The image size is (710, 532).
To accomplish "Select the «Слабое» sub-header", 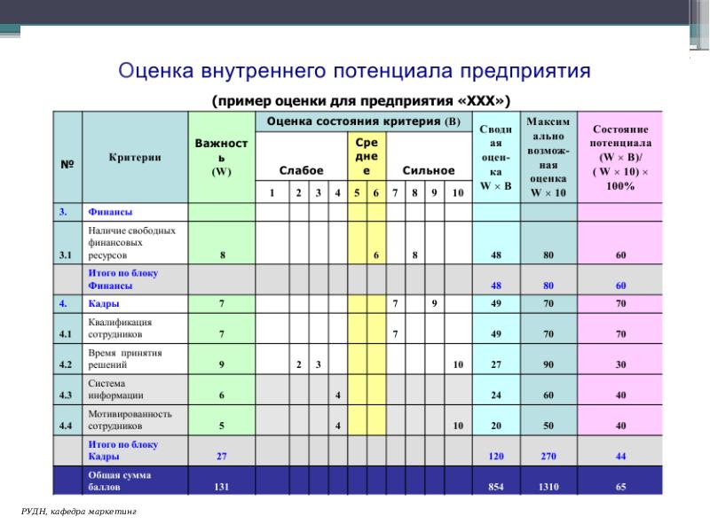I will [301, 169].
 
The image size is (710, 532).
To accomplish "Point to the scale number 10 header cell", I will [457, 192].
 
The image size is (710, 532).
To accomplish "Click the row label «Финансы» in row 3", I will [108, 213].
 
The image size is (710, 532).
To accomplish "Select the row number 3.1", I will [65, 255].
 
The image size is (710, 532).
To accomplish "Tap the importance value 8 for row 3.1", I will [222, 255].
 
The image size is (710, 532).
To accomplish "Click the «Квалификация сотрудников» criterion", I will [120, 329].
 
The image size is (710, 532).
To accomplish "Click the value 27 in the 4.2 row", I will [495, 364].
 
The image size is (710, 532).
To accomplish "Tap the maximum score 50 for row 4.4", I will [548, 426].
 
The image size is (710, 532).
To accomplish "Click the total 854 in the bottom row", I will [495, 487].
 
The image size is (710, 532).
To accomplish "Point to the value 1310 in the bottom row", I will [548, 487].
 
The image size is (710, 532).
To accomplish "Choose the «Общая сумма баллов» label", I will [119, 481].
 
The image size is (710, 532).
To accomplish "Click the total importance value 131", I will [222, 487].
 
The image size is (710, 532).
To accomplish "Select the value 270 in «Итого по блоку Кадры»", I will [548, 456].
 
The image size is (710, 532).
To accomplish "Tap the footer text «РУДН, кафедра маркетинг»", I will [80, 513].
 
